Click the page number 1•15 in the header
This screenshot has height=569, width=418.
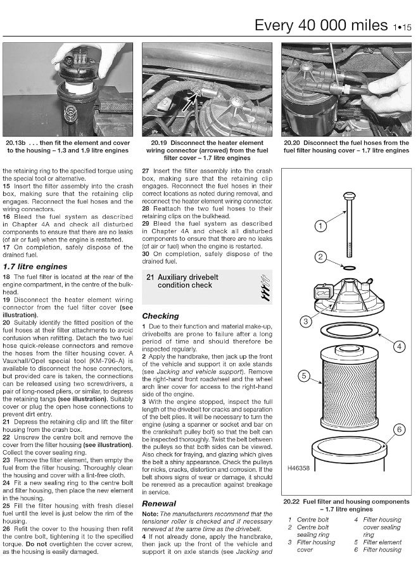tap(402, 26)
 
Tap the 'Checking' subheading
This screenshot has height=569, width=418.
tap(160, 315)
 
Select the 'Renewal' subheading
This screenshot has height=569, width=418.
tap(159, 503)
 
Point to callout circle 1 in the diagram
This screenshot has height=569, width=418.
tap(320, 226)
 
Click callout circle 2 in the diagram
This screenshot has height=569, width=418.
tap(320, 257)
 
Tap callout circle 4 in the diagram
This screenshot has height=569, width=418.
tap(399, 346)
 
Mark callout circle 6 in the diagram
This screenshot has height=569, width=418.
tap(399, 430)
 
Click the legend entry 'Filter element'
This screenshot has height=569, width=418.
tap(381, 542)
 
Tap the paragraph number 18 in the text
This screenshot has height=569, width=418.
tap(6, 278)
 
